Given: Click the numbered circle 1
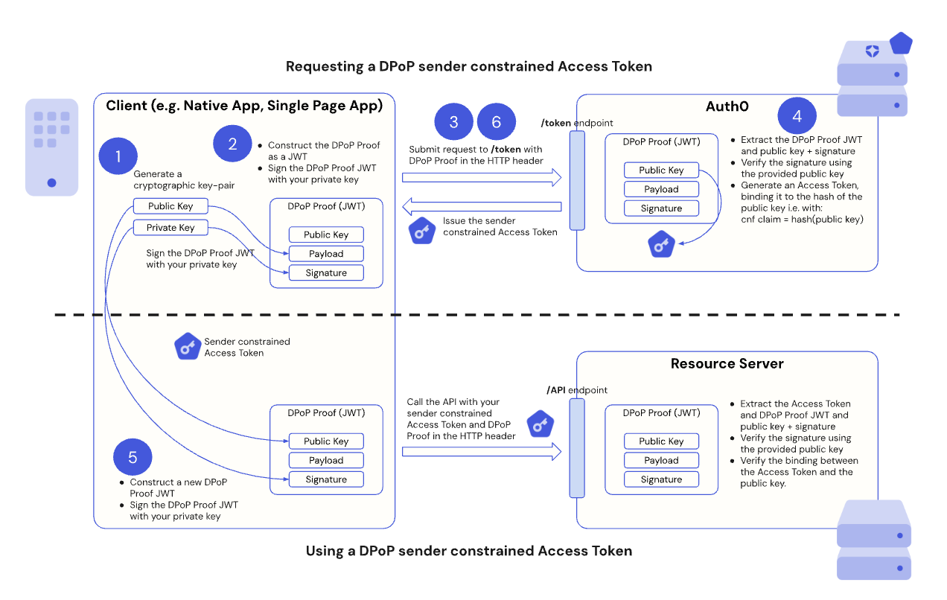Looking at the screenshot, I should [x=118, y=156].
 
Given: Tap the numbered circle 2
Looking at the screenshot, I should [x=232, y=144].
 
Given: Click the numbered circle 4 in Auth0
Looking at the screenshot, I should [x=797, y=116].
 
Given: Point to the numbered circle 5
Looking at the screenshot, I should [x=133, y=457].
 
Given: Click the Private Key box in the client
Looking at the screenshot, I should [x=170, y=228].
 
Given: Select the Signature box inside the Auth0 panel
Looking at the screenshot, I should [x=661, y=208].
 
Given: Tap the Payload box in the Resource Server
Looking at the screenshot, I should [x=661, y=460].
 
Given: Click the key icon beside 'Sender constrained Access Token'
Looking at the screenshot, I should [x=188, y=347].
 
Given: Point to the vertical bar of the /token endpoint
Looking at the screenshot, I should [x=577, y=181].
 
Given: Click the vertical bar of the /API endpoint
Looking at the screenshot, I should [x=577, y=448].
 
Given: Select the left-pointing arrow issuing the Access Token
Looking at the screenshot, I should [x=482, y=205].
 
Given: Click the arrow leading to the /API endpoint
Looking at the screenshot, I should [x=482, y=451].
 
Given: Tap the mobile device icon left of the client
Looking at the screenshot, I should [x=51, y=147].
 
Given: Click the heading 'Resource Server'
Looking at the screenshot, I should [x=727, y=364].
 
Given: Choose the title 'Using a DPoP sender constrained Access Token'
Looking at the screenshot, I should [x=469, y=552].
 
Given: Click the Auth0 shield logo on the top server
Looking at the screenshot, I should [x=872, y=51].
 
